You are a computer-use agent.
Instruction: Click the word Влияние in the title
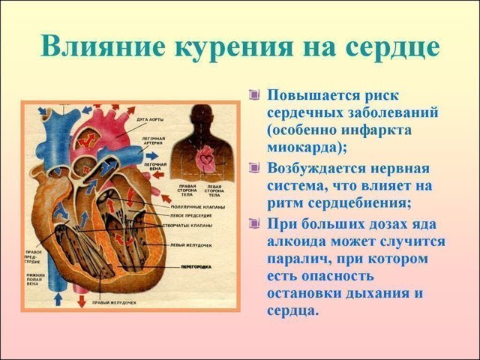click(x=103, y=46)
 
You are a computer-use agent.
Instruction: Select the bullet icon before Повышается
click(x=254, y=95)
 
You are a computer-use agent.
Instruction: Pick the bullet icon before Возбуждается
click(x=254, y=167)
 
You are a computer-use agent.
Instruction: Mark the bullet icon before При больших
click(x=254, y=223)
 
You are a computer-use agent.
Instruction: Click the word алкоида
click(x=297, y=240)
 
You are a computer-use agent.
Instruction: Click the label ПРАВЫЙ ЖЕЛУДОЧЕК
click(x=112, y=302)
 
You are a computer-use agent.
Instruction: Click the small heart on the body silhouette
click(x=205, y=159)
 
